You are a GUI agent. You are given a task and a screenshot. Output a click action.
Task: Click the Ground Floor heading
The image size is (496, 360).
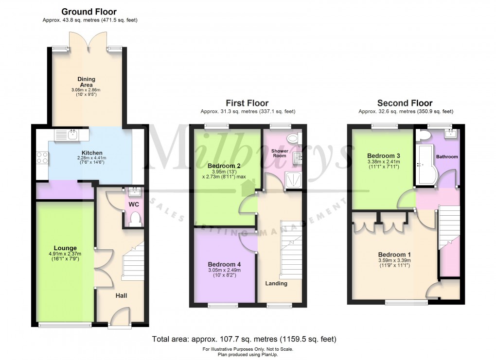(x=89, y=12)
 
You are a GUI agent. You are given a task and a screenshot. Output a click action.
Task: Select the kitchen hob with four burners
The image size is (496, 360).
(x=41, y=157)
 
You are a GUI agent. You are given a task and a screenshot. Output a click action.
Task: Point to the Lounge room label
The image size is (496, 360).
(x=65, y=248)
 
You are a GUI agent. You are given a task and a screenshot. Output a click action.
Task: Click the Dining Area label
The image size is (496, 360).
(x=87, y=82)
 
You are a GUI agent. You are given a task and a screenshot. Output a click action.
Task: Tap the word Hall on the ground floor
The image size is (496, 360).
(x=121, y=295)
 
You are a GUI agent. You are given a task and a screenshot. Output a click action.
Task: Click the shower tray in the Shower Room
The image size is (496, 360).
(x=293, y=180)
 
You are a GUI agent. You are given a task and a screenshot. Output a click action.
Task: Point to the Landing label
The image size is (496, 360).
(x=276, y=283)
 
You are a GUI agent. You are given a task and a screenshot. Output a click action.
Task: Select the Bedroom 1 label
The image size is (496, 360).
(x=394, y=255)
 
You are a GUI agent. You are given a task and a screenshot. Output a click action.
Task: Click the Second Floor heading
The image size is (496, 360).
(x=405, y=103)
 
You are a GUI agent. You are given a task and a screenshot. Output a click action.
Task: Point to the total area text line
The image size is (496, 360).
(x=244, y=339)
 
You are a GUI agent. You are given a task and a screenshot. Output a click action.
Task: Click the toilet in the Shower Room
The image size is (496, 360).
(x=293, y=138)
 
